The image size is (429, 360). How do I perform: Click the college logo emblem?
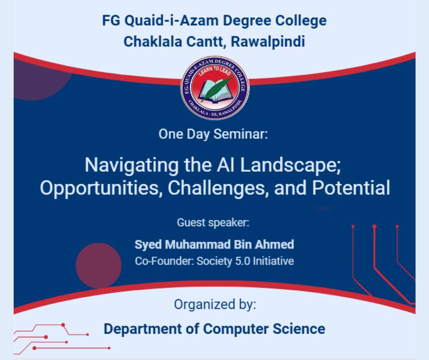215,88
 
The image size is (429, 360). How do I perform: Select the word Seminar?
241,134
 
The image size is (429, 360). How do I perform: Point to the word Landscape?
290,165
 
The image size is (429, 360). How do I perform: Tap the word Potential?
351,188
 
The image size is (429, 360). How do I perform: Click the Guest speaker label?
213,222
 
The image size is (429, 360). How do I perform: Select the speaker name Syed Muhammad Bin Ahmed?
214,244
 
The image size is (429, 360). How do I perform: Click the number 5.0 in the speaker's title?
243,261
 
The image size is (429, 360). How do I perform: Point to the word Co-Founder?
164,261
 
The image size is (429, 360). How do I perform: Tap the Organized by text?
215,305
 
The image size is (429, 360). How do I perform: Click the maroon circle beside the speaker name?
99,265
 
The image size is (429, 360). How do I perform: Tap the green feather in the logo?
216,89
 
